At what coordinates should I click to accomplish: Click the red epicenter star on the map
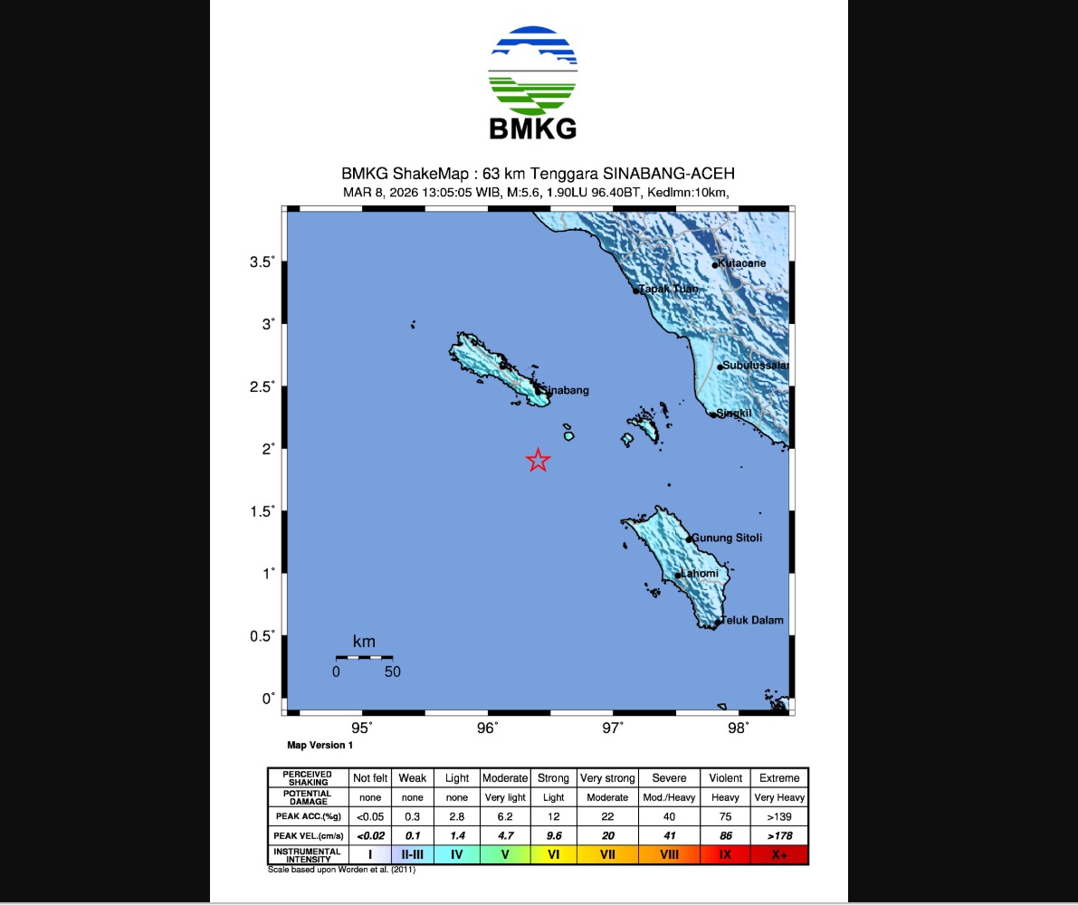538,461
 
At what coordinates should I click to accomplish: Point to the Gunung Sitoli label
726,538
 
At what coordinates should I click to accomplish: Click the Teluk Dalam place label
751,620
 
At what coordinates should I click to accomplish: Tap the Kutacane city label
742,263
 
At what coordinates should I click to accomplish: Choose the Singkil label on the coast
734,414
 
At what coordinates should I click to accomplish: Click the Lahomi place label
700,574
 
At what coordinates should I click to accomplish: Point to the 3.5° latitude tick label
262,262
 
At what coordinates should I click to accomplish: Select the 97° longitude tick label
613,729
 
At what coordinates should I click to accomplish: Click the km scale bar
364,656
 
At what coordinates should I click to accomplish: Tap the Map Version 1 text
320,746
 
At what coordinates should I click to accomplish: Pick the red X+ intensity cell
779,853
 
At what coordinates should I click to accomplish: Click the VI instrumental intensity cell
553,853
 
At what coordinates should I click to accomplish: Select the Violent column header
725,778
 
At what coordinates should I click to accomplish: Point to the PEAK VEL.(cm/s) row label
307,835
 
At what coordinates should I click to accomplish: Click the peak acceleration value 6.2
504,816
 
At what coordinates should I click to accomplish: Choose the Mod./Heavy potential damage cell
669,797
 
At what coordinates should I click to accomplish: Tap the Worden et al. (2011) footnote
341,870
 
